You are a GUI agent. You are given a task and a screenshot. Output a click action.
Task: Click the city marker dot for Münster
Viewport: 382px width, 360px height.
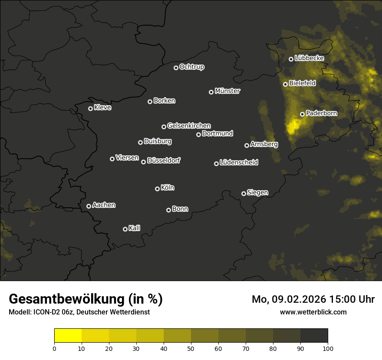211,92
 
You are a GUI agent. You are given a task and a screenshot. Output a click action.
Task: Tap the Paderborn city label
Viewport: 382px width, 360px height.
321,113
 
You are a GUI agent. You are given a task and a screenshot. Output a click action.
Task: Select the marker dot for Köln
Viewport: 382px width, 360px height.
157,189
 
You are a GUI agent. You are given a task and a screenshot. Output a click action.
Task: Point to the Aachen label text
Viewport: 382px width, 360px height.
104,205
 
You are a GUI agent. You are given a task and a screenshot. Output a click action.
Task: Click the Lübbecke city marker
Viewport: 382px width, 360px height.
291,59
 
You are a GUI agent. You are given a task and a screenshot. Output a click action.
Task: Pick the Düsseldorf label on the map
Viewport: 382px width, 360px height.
164,160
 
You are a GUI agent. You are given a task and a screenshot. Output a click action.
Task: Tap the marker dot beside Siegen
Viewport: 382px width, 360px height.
244,193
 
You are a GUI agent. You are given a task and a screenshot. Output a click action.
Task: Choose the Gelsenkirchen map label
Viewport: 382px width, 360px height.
189,126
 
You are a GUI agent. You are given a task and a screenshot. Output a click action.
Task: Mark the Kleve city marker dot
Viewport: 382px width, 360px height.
90,108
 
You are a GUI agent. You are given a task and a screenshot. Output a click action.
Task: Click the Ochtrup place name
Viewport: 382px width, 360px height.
191,67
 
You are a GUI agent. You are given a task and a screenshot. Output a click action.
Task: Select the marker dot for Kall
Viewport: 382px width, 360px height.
125,229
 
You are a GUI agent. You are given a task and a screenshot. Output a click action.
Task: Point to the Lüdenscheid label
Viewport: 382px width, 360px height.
239,163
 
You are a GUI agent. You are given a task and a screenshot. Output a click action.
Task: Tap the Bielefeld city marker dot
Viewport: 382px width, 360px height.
285,84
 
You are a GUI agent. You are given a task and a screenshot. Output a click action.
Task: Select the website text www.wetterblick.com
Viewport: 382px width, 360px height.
313,312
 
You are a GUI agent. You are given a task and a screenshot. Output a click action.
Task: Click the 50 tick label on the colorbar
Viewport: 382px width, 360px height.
191,348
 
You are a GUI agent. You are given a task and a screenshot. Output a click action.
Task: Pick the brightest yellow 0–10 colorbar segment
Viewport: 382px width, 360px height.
68,336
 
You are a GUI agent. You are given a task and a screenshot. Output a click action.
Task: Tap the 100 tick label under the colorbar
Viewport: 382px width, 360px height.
328,348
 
